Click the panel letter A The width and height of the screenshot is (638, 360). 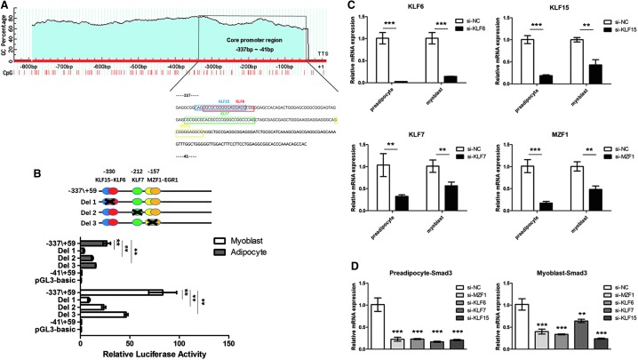(x=6, y=6)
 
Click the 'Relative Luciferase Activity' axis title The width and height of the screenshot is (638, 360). (x=143, y=354)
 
